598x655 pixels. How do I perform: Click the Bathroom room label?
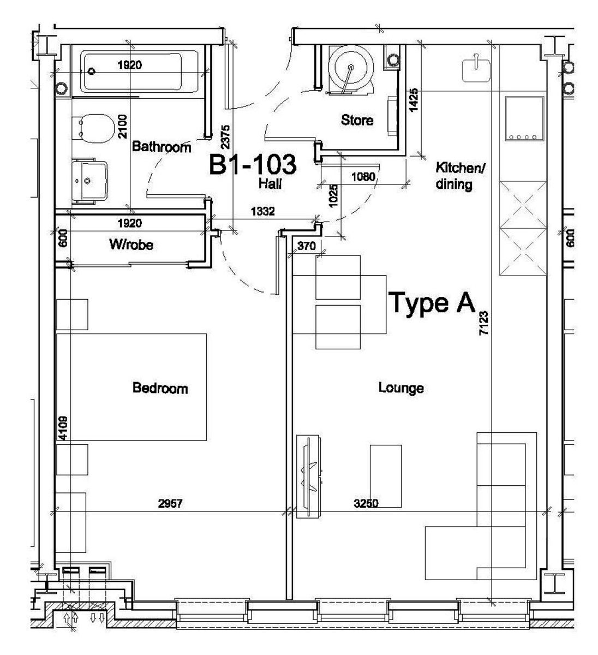162,147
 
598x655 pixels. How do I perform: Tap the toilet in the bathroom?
93,129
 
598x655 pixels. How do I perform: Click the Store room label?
357,120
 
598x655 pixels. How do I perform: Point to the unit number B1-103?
253,164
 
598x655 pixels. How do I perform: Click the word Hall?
270,183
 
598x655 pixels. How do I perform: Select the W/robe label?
131,244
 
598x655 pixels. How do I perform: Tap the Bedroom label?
160,388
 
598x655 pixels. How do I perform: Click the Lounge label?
401,388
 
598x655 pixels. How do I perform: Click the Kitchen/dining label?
461,176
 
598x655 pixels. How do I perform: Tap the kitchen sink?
476,69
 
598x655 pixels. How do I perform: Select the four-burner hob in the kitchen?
524,119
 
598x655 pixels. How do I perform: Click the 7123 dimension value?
483,323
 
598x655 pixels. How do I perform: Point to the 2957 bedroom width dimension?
170,503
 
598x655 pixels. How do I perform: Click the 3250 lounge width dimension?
366,503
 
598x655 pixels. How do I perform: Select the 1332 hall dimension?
262,211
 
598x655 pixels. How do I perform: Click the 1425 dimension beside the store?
413,100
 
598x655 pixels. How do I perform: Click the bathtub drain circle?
92,71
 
